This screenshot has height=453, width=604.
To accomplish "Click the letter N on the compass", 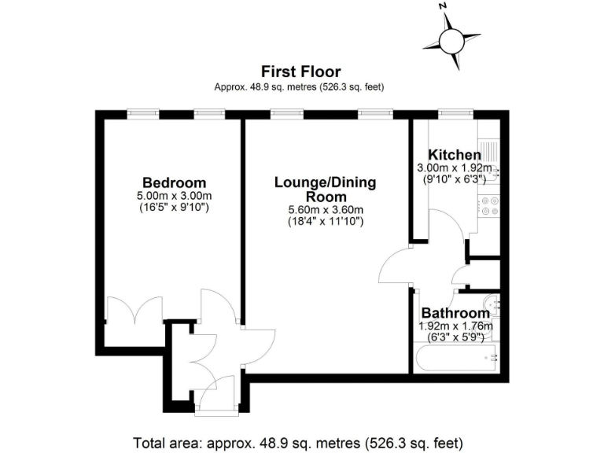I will pyautogui.click(x=444, y=6).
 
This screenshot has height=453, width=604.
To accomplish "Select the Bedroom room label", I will pyautogui.click(x=174, y=182).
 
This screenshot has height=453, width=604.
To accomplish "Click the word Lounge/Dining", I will pyautogui.click(x=325, y=182).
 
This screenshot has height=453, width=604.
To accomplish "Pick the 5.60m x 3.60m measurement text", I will pyautogui.click(x=325, y=210).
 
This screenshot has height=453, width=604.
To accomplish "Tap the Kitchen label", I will pyautogui.click(x=454, y=154).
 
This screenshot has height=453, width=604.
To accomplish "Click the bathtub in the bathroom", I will pyautogui.click(x=455, y=359).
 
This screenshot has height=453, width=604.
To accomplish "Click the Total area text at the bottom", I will pyautogui.click(x=299, y=441).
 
